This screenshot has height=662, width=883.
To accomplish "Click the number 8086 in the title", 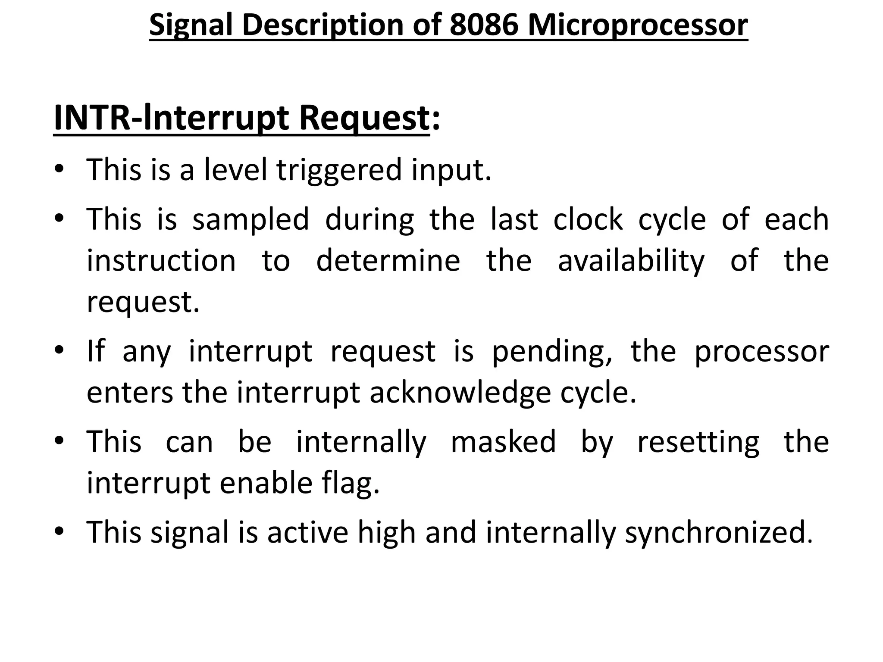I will click(483, 25).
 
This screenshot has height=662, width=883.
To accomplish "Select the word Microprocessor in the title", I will click(638, 25).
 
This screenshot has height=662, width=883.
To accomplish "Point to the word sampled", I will click(250, 219).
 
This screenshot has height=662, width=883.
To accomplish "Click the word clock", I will click(588, 219).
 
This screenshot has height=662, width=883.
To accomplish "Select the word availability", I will click(631, 261).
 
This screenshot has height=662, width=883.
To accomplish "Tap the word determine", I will click(388, 261).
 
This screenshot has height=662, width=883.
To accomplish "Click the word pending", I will click(551, 352).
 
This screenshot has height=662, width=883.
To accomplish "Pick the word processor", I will click(762, 352).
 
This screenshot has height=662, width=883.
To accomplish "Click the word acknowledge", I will click(460, 393).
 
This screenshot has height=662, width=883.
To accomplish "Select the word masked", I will click(503, 442).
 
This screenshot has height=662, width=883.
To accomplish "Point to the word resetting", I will click(698, 442).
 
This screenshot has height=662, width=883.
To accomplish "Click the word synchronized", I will click(718, 533).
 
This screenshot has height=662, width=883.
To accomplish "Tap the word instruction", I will click(161, 261).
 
